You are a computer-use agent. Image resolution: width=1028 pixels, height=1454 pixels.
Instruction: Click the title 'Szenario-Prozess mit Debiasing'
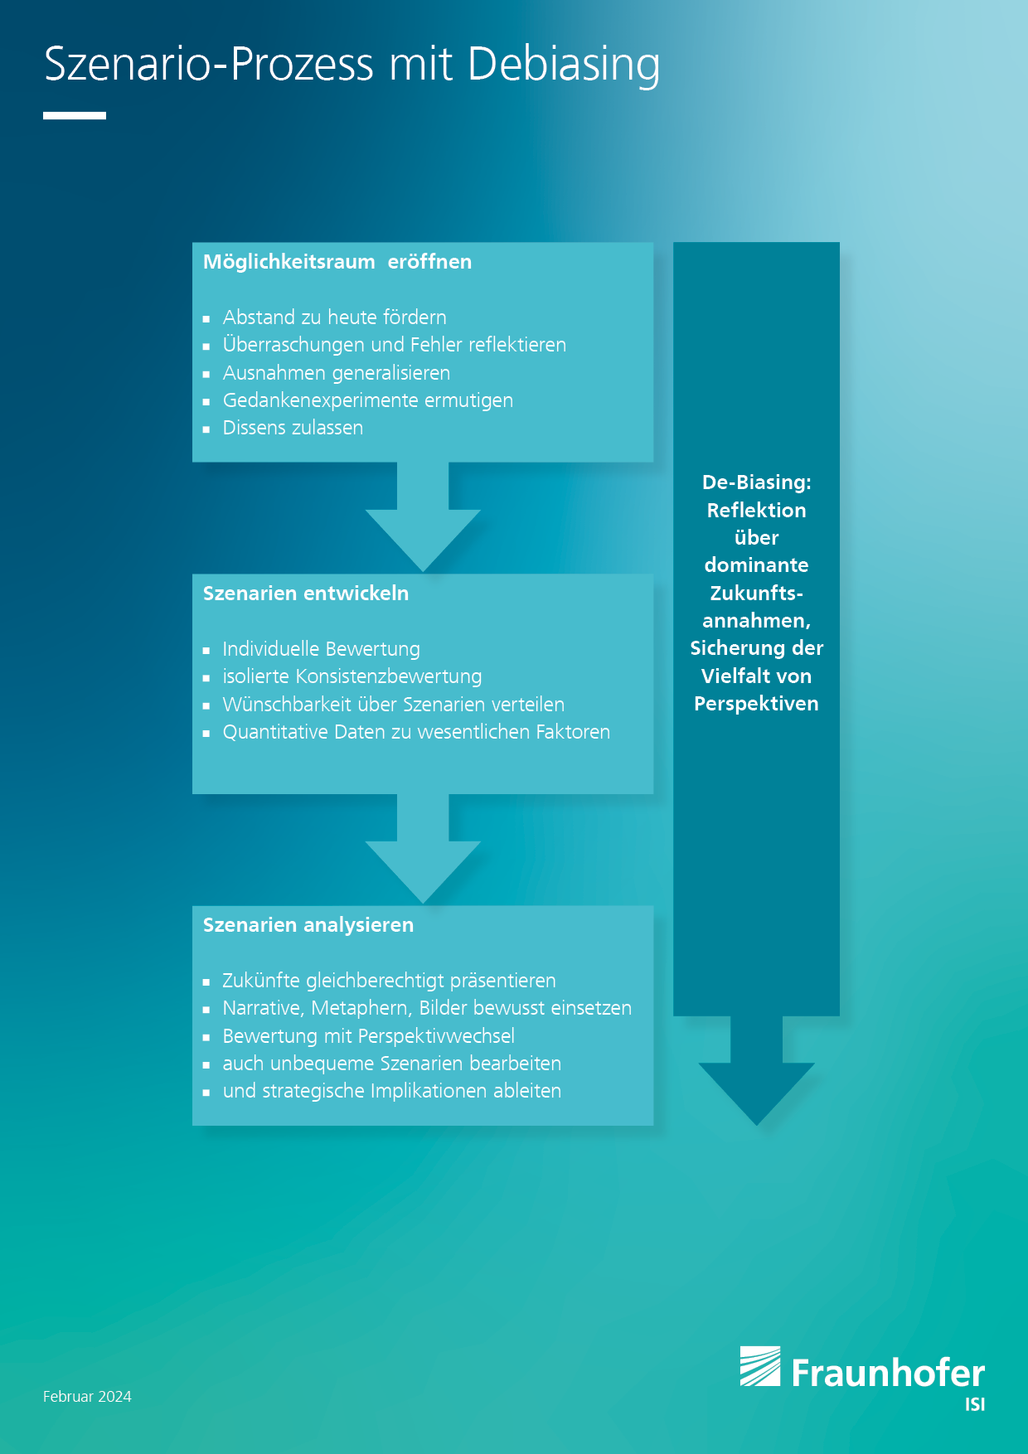coord(352,65)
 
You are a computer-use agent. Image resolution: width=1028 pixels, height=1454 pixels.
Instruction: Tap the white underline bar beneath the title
coord(75,115)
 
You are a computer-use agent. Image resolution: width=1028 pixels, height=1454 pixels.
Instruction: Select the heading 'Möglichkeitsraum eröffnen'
coord(337,262)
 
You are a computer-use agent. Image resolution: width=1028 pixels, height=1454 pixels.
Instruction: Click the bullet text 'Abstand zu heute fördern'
coord(335,317)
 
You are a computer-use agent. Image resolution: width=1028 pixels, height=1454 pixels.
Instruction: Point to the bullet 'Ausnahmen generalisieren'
coord(337,373)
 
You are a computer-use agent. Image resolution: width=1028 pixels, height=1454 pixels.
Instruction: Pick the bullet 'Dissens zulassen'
coord(293,428)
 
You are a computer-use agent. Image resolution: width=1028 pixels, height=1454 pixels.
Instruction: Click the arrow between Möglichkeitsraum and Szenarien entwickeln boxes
coord(423,516)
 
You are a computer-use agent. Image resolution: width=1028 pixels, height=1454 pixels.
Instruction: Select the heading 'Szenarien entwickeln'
coord(306,594)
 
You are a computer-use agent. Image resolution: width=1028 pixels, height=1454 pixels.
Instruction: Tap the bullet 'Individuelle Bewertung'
coord(322,649)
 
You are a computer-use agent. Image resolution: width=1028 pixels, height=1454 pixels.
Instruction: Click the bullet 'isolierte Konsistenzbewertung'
coord(352,676)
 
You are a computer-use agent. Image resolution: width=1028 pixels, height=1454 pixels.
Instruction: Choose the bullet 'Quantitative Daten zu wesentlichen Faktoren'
coord(416,732)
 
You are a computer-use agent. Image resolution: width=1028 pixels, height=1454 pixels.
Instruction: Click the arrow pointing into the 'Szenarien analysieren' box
coord(423,848)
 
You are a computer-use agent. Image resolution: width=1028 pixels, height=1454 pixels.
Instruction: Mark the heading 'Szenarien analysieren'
coord(308,925)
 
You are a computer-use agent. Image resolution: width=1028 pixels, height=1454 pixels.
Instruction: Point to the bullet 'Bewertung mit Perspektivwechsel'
coord(369,1036)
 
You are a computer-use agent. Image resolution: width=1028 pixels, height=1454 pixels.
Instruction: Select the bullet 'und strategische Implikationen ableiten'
coord(392,1091)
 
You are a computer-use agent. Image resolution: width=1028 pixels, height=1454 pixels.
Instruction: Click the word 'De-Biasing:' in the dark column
coord(757,482)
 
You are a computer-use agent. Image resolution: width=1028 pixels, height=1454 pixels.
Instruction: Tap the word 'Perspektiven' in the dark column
coord(757,704)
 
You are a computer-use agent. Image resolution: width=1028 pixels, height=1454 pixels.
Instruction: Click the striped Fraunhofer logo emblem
coord(760,1366)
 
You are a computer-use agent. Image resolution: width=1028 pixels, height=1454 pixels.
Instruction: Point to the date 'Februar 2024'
coord(87,1397)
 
